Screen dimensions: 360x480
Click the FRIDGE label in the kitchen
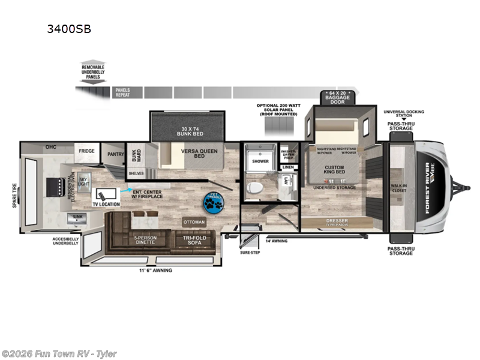[x=86, y=151]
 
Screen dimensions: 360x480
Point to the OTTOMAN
[x=194, y=222]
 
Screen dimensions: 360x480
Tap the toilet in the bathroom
[x=253, y=187]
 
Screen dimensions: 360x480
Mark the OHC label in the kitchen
[x=50, y=147]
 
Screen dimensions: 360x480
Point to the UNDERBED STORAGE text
[x=333, y=187]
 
